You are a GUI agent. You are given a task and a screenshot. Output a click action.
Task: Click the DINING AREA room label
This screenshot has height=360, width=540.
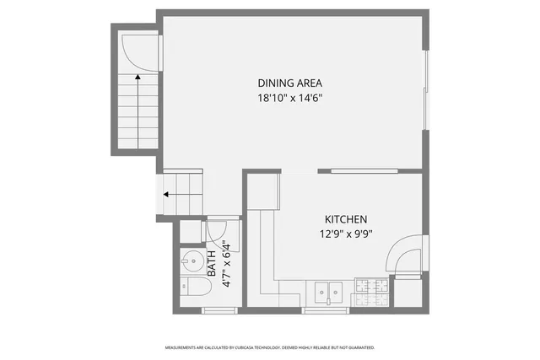[290, 83]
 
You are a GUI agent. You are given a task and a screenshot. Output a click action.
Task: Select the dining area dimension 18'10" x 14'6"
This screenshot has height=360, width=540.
[290, 98]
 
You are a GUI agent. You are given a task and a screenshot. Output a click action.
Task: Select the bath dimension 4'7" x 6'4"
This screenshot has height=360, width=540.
[226, 265]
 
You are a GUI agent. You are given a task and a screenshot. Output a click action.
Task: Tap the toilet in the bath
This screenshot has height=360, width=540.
[193, 289]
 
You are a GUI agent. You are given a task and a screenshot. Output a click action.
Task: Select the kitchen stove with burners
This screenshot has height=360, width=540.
[371, 292]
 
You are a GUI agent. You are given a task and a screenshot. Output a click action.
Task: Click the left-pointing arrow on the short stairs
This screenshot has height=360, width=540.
[169, 194]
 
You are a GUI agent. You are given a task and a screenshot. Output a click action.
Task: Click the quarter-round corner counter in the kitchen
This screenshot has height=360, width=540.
[404, 254]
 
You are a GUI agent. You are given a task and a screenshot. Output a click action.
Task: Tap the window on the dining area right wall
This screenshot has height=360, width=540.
[425, 93]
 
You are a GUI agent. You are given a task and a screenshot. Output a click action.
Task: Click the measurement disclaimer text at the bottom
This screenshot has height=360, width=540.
[269, 347]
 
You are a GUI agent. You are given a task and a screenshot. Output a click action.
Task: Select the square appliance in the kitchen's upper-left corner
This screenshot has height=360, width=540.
[263, 192]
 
